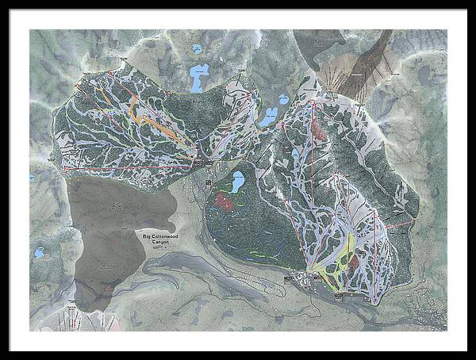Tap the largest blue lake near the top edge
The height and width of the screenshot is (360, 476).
(199, 78)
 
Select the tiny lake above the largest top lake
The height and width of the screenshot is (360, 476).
(197, 49)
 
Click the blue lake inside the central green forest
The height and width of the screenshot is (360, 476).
(236, 182)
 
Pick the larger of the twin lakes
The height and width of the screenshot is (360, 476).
(268, 117)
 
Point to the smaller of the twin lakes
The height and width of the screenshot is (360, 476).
(282, 101)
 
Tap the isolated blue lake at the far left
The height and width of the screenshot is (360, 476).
(38, 253)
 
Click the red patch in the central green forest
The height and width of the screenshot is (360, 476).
(225, 201)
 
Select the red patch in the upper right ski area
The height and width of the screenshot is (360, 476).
(319, 127)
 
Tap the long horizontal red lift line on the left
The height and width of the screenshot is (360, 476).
(127, 168)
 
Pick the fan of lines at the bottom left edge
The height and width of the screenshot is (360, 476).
(79, 320)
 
